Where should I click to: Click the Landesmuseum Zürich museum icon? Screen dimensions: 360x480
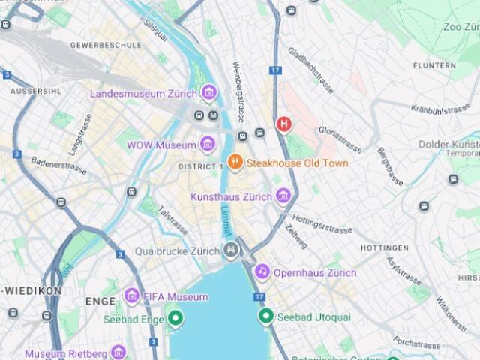pyautogui.click(x=209, y=93)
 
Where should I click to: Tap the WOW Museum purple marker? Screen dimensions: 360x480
pyautogui.click(x=208, y=144)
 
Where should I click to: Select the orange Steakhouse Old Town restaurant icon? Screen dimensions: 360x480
pyautogui.click(x=235, y=162)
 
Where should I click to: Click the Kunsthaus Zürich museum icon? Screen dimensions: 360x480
pyautogui.click(x=283, y=196)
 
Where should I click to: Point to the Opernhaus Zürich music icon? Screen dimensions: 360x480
pyautogui.click(x=262, y=271)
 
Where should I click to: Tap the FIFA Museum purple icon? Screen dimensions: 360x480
pyautogui.click(x=132, y=296)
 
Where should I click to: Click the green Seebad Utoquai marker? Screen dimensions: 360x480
pyautogui.click(x=265, y=316)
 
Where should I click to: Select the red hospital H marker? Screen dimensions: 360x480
pyautogui.click(x=283, y=124)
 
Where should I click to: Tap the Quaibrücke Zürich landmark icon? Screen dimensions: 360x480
pyautogui.click(x=231, y=250)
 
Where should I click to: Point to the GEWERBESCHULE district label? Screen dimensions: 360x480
pyautogui.click(x=106, y=45)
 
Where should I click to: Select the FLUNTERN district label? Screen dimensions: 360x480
pyautogui.click(x=433, y=66)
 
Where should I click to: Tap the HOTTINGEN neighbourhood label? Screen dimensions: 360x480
pyautogui.click(x=384, y=247)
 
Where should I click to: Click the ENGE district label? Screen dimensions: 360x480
pyautogui.click(x=100, y=301)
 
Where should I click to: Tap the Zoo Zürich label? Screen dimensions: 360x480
pyautogui.click(x=460, y=27)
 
